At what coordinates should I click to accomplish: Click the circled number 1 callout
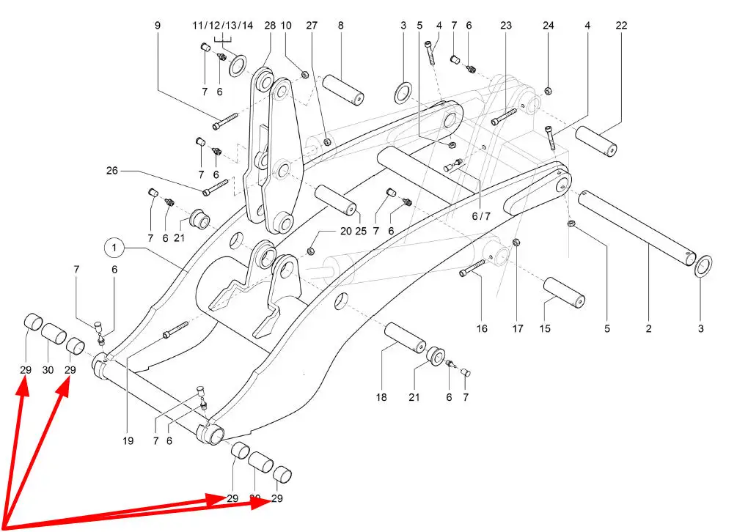coord(114,249)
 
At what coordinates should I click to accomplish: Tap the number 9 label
coord(158,26)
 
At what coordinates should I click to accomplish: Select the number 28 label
coord(269,26)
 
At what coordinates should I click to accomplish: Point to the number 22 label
coord(622,26)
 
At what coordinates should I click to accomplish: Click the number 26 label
coord(111,171)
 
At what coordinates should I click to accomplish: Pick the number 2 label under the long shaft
coord(649,329)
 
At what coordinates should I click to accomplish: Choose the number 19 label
coord(128,441)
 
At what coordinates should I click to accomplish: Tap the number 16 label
coord(482,329)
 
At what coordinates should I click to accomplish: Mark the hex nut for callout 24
coord(549,91)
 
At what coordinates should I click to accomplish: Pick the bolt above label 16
coord(474,268)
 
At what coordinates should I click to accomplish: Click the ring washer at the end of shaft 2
coord(703,265)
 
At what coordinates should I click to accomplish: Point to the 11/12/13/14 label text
coord(223,26)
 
